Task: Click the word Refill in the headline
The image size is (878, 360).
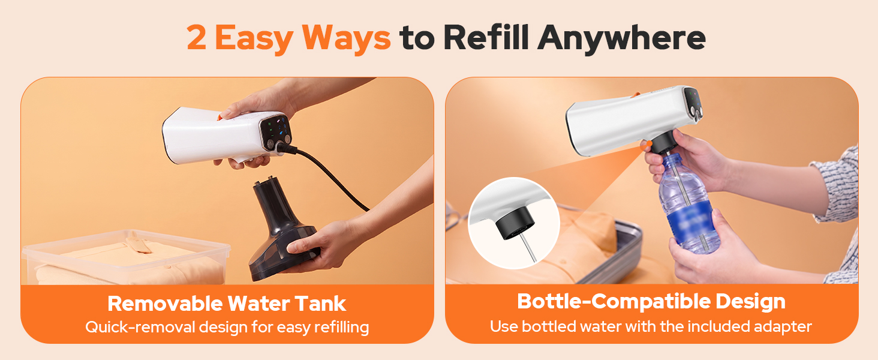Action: point(486,37)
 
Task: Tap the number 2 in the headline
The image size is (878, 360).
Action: point(196,38)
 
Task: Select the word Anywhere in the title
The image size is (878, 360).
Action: point(621,39)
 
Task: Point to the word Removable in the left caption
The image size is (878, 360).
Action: point(165,304)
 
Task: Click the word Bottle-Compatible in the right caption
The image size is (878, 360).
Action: point(614,301)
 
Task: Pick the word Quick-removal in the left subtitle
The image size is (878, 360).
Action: point(140,327)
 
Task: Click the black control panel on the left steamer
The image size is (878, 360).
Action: point(276,132)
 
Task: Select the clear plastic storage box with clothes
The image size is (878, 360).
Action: point(125,257)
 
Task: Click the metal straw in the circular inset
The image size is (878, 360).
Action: point(528,247)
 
